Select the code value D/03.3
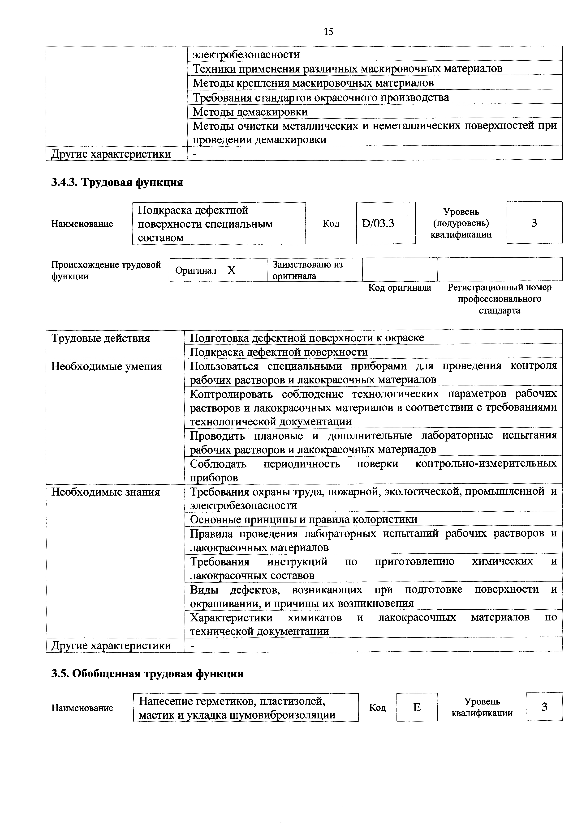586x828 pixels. tap(378, 224)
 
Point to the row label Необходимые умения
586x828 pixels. tap(107, 366)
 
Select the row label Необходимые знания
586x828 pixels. tap(105, 492)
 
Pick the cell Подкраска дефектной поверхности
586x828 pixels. tap(279, 352)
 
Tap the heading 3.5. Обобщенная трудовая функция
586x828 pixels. tap(147, 674)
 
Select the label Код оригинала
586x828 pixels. tap(399, 288)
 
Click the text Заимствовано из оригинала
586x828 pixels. tap(307, 270)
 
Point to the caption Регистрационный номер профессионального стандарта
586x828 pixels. tap(499, 299)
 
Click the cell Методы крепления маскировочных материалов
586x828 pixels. tap(313, 83)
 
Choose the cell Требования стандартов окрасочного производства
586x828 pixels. tap(321, 97)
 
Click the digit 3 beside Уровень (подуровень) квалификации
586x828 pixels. tap(534, 223)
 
